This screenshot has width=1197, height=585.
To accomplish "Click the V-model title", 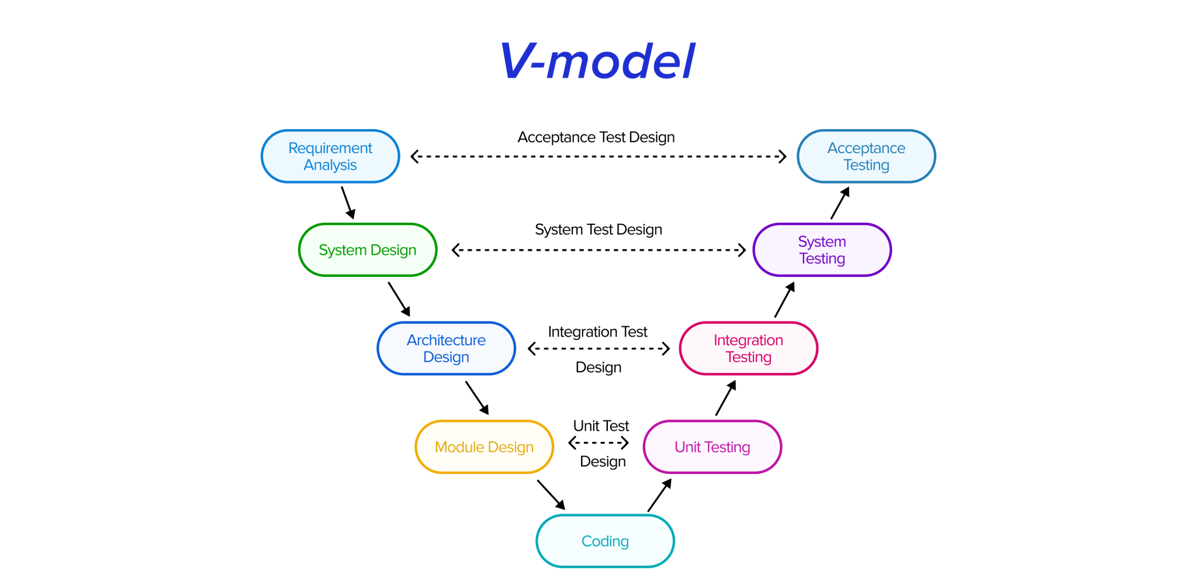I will click(597, 61).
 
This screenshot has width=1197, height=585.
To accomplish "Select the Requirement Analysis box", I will click(330, 156).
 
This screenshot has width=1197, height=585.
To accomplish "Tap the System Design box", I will click(367, 250).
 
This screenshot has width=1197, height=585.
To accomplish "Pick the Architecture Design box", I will click(446, 348).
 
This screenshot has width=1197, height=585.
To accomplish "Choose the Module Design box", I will click(484, 447).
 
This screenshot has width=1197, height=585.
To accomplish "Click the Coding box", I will click(605, 541).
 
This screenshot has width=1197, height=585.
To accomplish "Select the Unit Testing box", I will click(712, 447).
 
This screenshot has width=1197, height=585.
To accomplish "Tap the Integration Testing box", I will click(748, 348).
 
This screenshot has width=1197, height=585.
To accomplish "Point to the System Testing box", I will click(822, 250).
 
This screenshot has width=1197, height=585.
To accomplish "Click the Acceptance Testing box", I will click(866, 156).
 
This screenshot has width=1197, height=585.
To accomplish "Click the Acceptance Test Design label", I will click(596, 137).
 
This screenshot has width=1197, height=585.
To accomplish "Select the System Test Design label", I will click(598, 230).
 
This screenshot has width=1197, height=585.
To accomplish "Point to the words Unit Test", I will click(601, 426).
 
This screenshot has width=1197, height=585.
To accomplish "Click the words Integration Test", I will click(597, 332).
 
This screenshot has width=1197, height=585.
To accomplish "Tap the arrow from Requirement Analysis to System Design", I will click(348, 202).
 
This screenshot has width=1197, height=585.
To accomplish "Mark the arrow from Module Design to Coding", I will click(551, 494).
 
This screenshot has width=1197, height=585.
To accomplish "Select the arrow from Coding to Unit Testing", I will click(659, 496).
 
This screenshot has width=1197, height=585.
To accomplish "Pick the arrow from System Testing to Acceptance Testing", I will click(840, 203).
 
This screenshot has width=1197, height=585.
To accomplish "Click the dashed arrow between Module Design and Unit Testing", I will click(598, 443).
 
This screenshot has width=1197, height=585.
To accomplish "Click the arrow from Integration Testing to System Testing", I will click(784, 300).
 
